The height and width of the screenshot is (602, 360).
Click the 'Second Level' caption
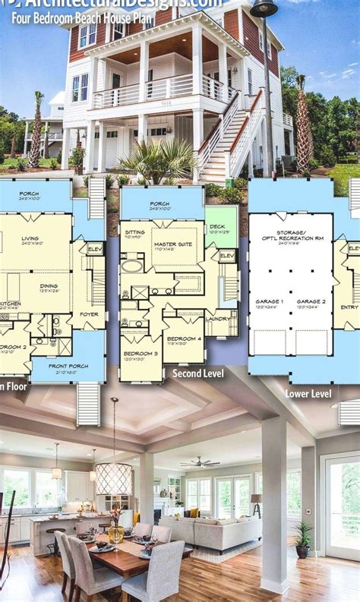(198, 373)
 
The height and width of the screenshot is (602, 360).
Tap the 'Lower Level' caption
(308, 393)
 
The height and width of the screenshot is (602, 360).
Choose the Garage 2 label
(311, 301)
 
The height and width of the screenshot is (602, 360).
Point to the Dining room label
(49, 286)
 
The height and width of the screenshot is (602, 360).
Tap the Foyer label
(90, 312)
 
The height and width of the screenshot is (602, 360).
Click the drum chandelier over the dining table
(114, 478)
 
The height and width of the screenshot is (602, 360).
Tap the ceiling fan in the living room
(200, 461)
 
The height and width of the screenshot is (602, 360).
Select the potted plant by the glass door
(303, 538)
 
